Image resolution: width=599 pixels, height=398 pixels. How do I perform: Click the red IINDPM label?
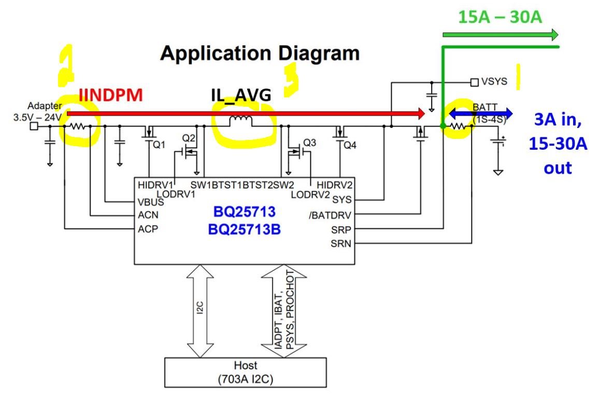point(110,96)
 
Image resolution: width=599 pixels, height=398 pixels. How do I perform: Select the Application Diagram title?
point(260,53)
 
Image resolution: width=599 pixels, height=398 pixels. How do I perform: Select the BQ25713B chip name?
point(245,229)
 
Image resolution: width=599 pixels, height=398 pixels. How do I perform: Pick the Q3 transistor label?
point(309,142)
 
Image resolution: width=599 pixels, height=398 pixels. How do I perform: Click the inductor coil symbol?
point(240,121)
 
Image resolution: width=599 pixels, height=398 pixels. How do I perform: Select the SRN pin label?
point(341,243)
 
